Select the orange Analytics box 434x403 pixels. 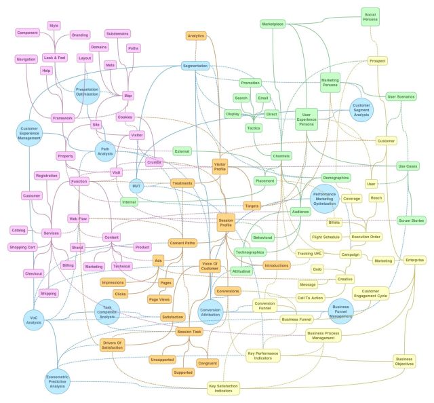click(195, 35)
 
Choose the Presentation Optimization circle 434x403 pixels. click(87, 92)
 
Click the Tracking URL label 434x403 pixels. click(309, 253)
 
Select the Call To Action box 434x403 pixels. click(310, 297)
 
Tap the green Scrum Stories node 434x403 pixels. click(411, 220)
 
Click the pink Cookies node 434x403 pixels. click(125, 117)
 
